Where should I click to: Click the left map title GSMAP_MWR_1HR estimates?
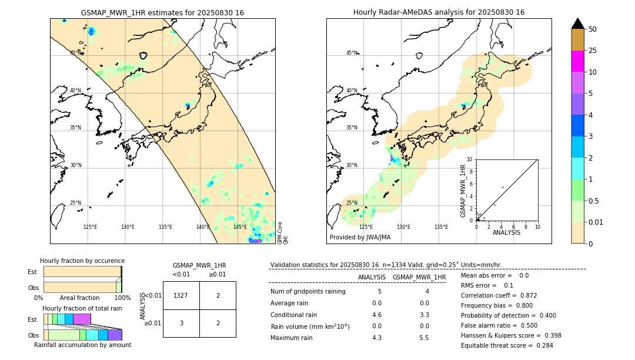pyautogui.click(x=162, y=12)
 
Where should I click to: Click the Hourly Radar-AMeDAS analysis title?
pyautogui.click(x=439, y=12)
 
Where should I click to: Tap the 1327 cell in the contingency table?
pyautogui.click(x=181, y=296)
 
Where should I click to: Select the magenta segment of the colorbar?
pyautogui.click(x=577, y=61)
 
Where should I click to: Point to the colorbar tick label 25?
pyautogui.click(x=593, y=51)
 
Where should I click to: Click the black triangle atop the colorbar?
pyautogui.click(x=577, y=24)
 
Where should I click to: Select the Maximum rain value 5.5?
pyautogui.click(x=423, y=338)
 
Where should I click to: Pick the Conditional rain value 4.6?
pyautogui.click(x=377, y=315)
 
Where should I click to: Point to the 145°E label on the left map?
pyautogui.click(x=240, y=227)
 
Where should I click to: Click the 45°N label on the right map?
pyautogui.click(x=352, y=54)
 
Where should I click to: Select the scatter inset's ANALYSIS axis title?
pyautogui.click(x=507, y=232)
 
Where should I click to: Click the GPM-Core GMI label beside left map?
pyautogui.click(x=283, y=232)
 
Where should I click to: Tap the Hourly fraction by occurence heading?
pyautogui.click(x=82, y=261)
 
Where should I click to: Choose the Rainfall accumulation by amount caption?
pyautogui.click(x=82, y=345)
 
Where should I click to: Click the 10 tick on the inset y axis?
pyautogui.click(x=470, y=159)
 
